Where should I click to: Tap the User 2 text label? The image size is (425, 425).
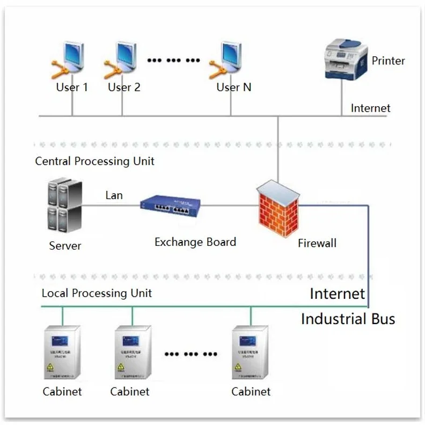tap(124, 87)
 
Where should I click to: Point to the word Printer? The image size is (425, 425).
tap(388, 61)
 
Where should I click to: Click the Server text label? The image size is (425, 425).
tap(65, 246)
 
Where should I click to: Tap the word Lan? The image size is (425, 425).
tap(114, 195)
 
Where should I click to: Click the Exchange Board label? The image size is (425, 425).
tap(195, 242)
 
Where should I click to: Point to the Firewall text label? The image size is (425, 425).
tap(317, 243)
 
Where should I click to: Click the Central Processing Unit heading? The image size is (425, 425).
tap(95, 161)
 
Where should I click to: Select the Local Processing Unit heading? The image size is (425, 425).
tap(97, 293)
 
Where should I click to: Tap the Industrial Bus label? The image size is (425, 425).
tap(348, 319)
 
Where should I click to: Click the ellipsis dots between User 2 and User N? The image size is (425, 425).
tap(173, 60)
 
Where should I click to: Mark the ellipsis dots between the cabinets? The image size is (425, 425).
tap(191, 355)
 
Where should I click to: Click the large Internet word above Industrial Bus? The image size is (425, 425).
tap(337, 294)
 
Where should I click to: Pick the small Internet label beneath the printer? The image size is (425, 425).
tap(370, 108)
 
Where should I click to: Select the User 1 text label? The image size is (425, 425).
tap(72, 87)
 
